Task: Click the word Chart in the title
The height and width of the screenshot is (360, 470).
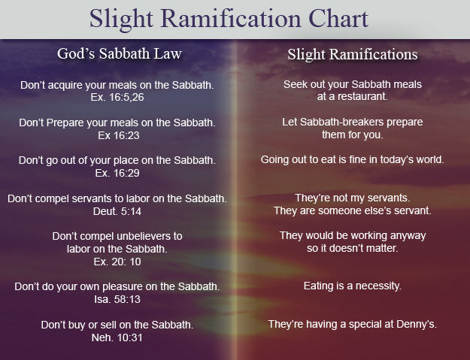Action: tap(338, 19)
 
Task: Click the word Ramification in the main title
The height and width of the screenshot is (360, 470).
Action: tap(231, 19)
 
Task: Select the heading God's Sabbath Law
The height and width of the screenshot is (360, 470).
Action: tap(120, 53)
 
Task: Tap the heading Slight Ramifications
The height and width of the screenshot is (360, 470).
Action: tap(353, 54)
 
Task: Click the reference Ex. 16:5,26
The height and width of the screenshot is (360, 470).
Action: tap(117, 98)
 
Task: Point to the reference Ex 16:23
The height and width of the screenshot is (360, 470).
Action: tap(119, 135)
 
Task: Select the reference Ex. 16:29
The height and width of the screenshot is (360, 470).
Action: tap(117, 173)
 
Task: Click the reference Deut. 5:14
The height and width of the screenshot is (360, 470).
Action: tap(117, 211)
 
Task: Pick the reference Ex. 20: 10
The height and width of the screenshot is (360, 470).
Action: tap(117, 262)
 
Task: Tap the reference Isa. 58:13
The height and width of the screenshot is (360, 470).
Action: tap(117, 299)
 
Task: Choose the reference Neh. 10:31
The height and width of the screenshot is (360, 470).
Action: tap(117, 337)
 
